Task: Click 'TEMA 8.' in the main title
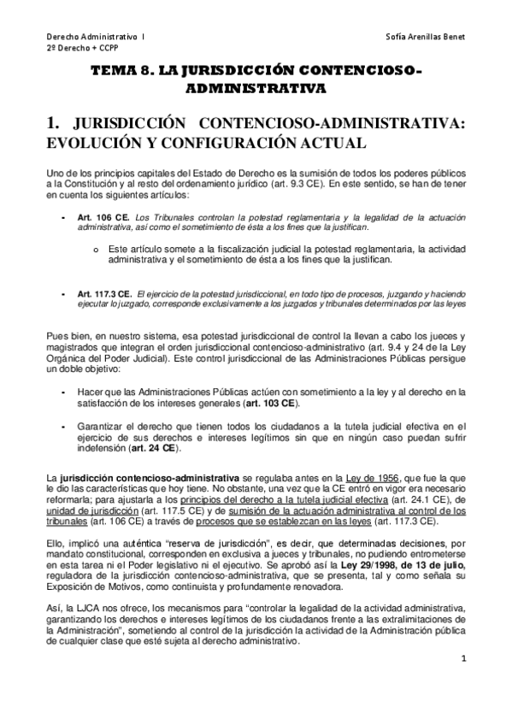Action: [123, 72]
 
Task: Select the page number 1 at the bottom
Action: [462, 682]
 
